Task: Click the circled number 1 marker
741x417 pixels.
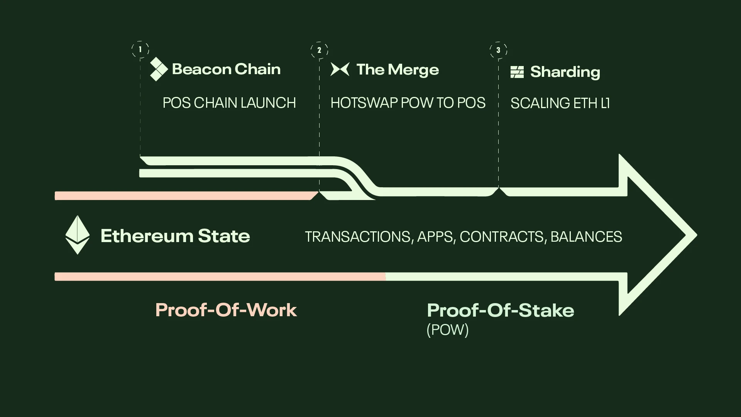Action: click(140, 49)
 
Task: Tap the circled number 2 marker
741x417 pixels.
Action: click(319, 50)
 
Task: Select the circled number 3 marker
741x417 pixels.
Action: click(498, 50)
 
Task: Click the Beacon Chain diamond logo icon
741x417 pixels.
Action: click(158, 69)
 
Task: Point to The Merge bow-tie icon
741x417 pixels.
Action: click(340, 69)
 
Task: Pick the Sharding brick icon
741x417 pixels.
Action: click(517, 72)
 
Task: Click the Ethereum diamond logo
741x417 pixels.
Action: click(78, 235)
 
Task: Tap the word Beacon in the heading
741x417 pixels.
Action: click(201, 69)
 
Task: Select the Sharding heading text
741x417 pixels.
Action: click(565, 72)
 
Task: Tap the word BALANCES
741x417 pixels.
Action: click(586, 237)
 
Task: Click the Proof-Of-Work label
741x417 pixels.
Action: click(226, 310)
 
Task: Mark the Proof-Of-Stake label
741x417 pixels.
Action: click(501, 310)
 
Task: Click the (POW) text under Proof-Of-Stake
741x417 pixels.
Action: click(448, 330)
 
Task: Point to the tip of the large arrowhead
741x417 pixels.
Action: click(697, 235)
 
